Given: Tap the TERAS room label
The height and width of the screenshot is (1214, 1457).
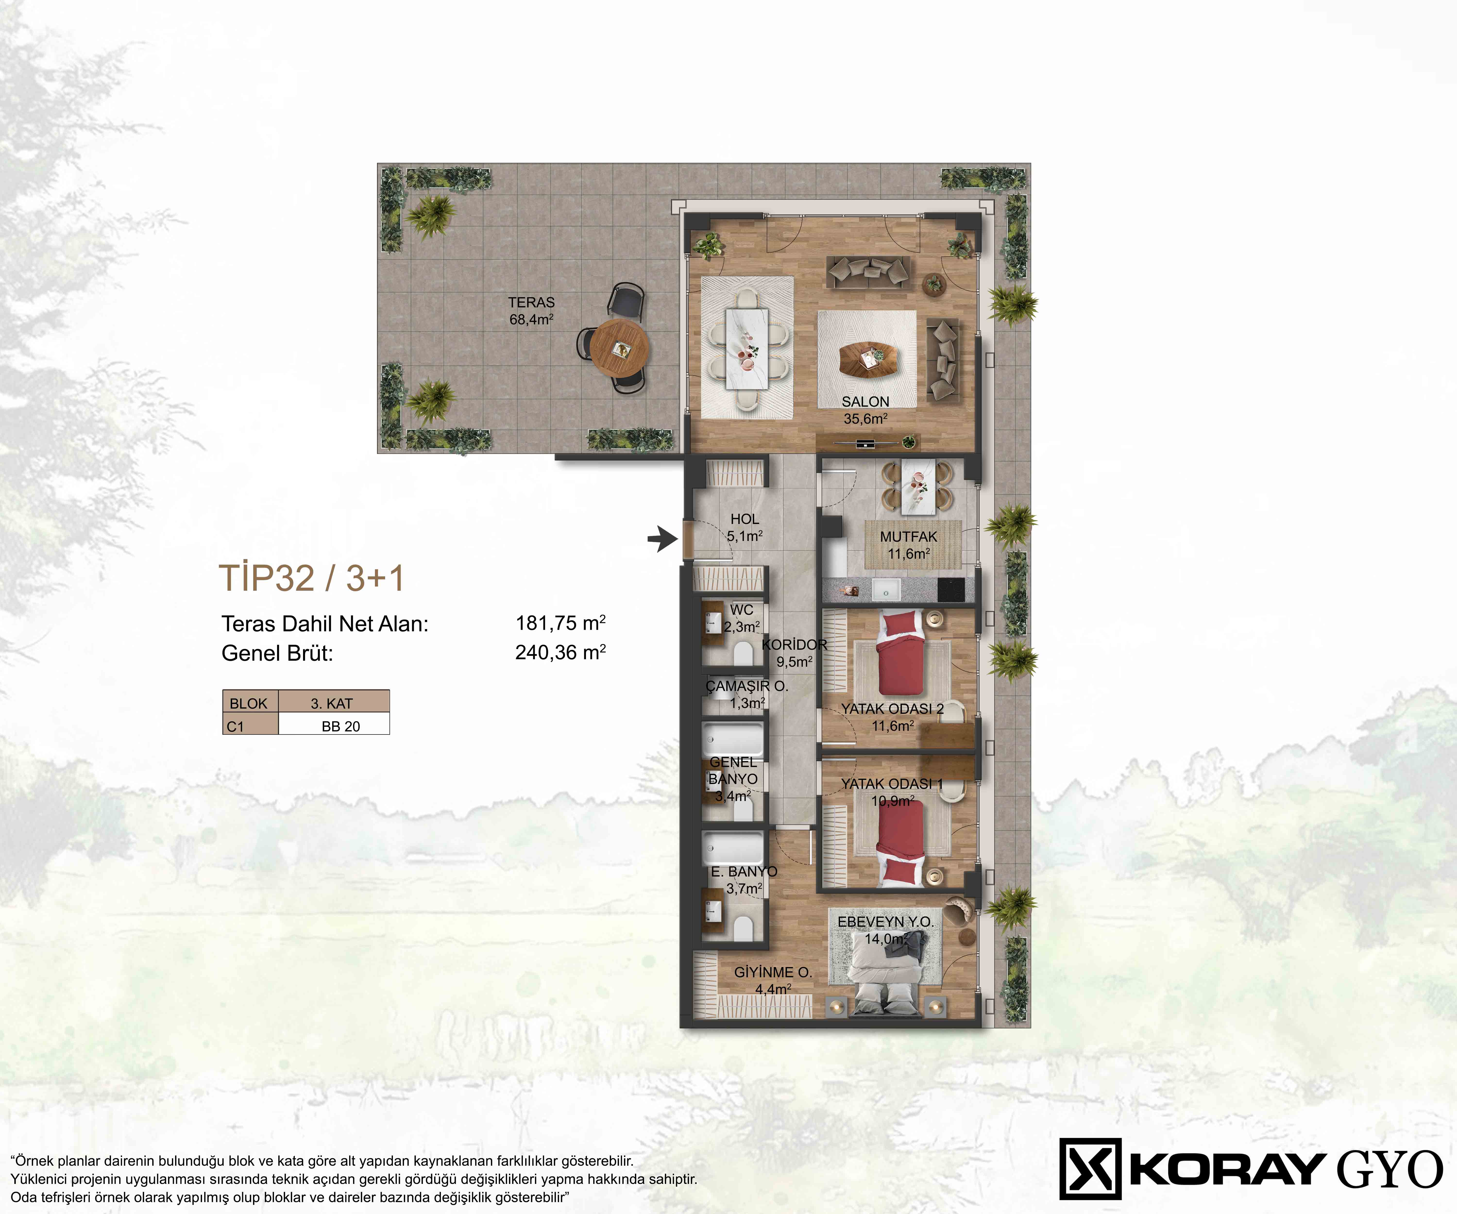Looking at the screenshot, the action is (532, 303).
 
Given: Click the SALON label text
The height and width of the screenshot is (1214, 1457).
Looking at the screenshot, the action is (865, 402).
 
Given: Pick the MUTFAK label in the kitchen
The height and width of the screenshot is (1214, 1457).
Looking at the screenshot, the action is (908, 537).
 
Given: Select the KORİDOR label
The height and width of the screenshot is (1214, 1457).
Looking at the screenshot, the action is (794, 644).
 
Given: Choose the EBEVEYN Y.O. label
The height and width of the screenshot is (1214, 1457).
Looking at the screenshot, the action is (885, 922).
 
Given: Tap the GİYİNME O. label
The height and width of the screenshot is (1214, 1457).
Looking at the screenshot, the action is (773, 973).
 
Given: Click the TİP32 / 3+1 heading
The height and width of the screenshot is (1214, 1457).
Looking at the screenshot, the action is (312, 578).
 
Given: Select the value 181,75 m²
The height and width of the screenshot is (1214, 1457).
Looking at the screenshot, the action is (561, 623).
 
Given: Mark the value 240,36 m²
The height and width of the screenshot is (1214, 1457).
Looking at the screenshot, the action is (561, 652).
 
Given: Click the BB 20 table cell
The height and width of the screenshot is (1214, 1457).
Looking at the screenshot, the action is (341, 726).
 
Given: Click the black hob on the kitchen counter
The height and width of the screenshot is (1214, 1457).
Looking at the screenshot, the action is (950, 590).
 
